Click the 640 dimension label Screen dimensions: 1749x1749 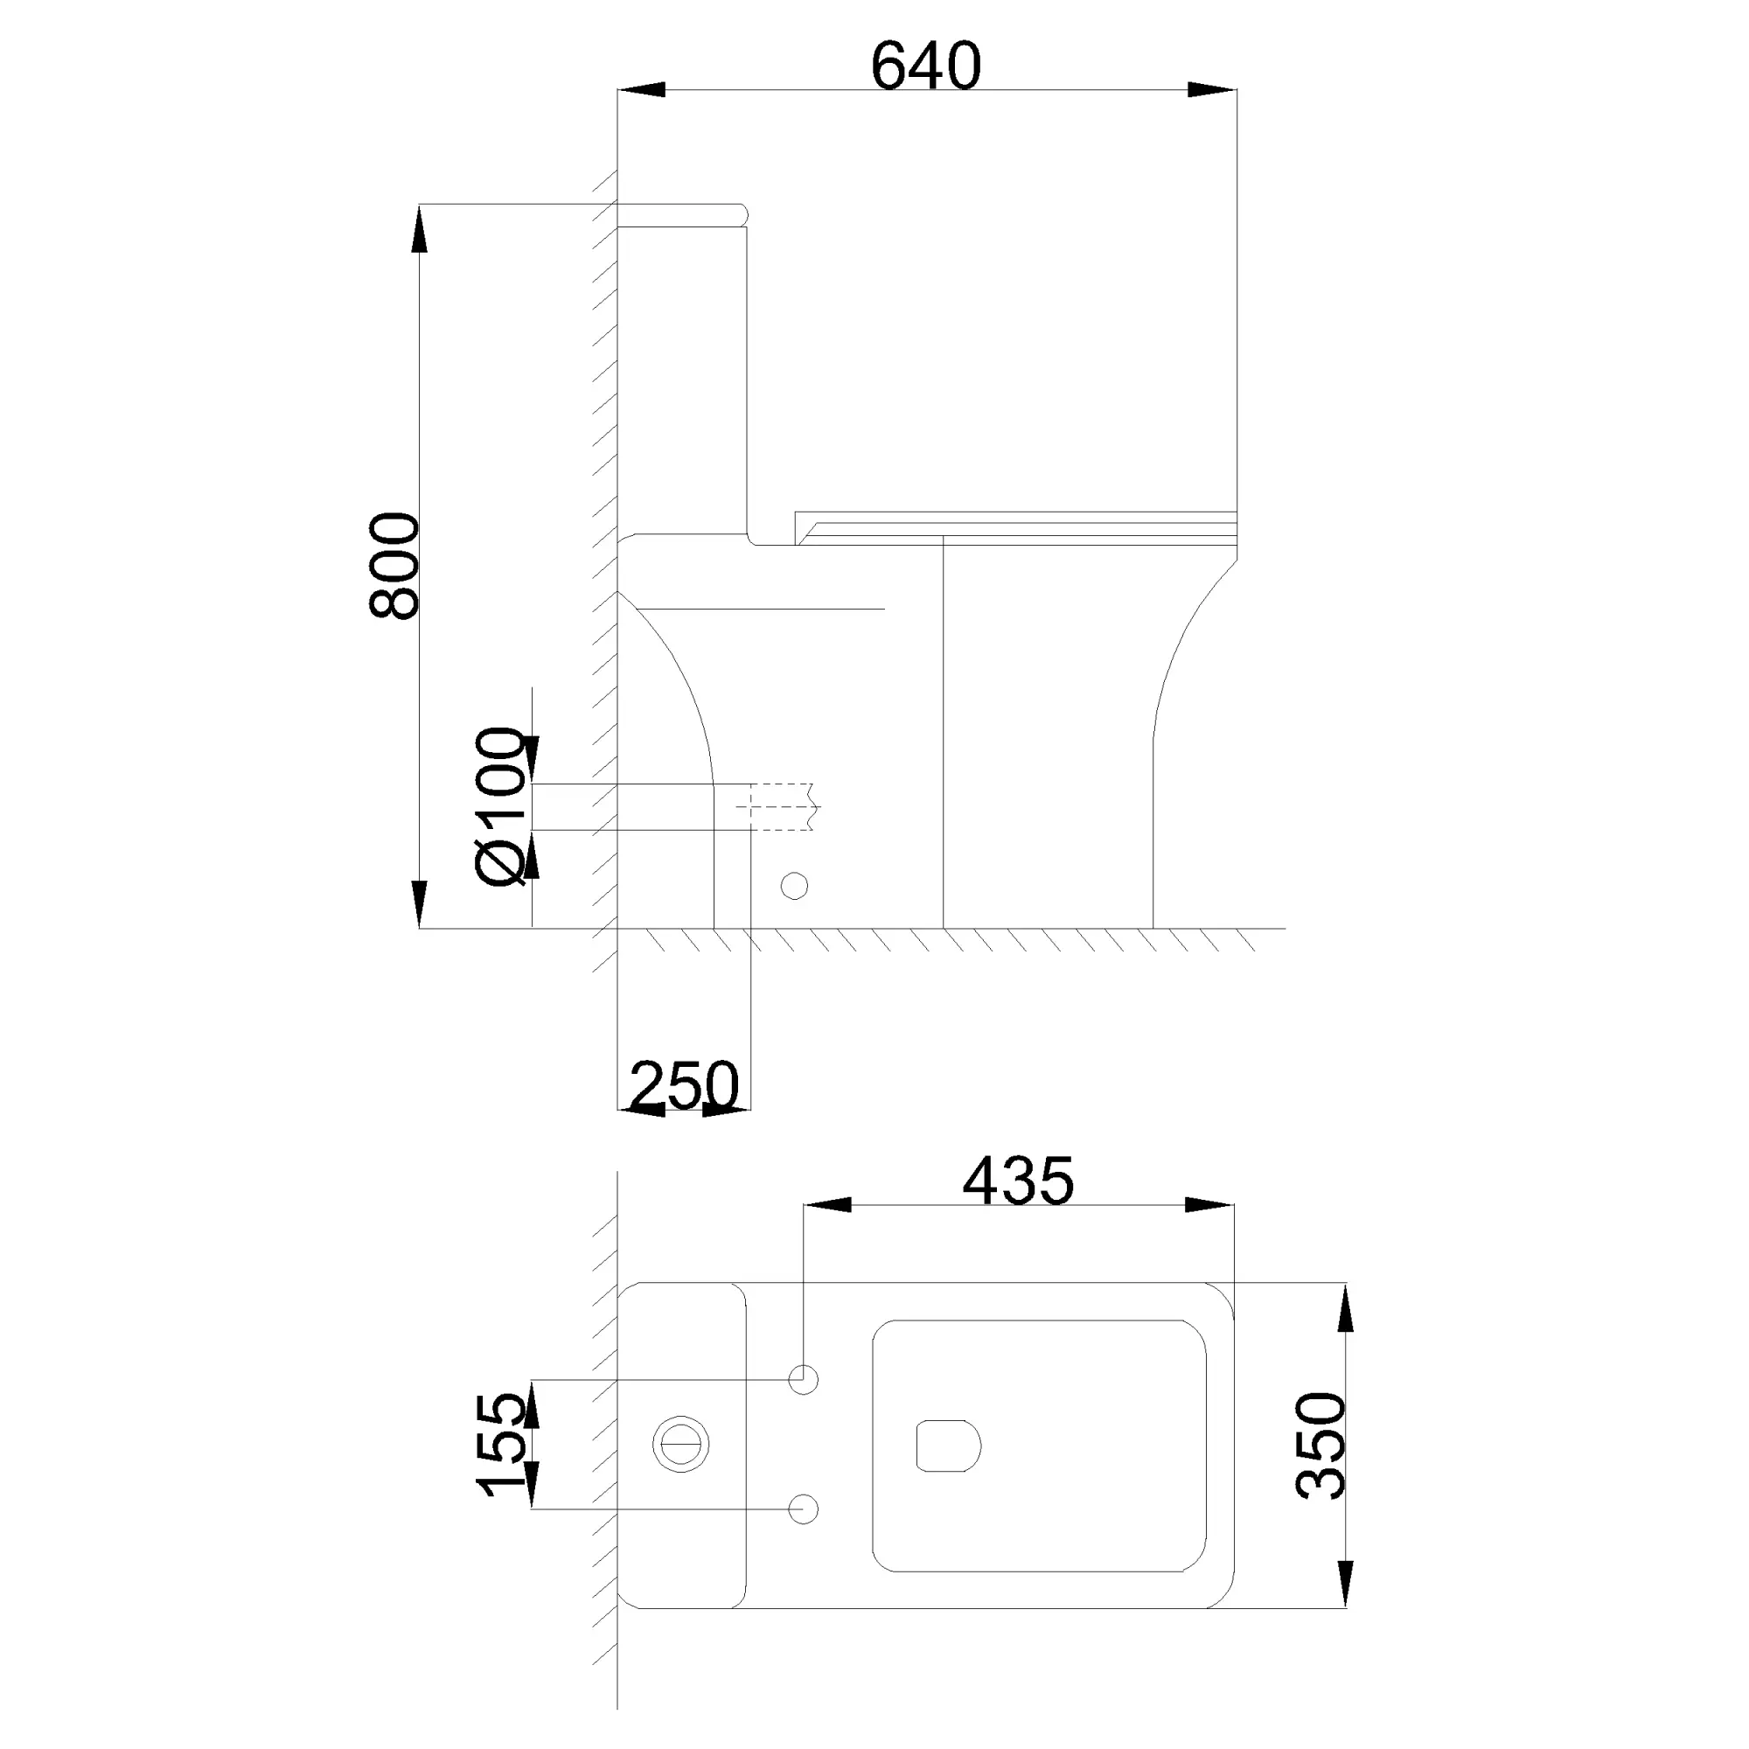(x=926, y=66)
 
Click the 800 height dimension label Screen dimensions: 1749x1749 (x=395, y=566)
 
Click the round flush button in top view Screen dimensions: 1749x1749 (x=680, y=1446)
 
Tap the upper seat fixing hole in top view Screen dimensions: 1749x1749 (x=803, y=1380)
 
